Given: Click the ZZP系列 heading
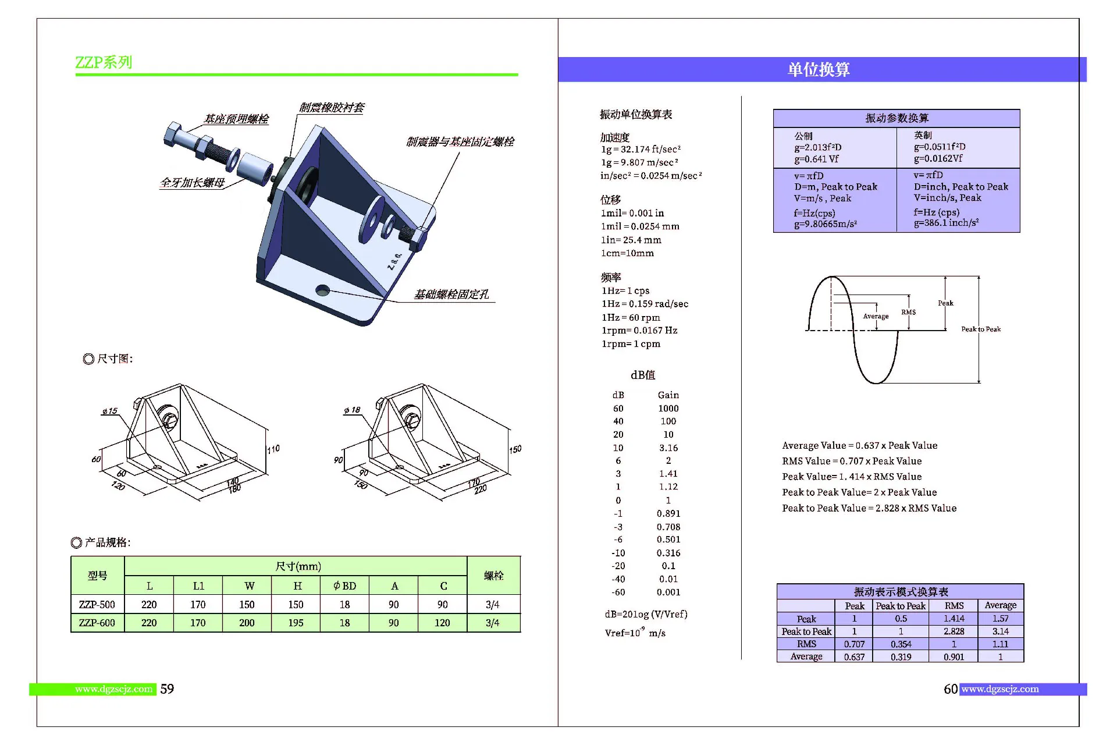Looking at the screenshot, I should coord(104,62).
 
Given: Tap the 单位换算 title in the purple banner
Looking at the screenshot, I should coord(819,70).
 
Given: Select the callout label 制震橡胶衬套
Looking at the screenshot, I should coord(332,108).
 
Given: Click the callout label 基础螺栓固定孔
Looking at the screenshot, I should coord(451,295).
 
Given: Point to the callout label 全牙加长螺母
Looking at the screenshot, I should coord(193,183).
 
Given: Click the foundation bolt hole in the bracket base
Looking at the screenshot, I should coord(322,290).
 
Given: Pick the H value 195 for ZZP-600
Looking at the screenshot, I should coord(296,623).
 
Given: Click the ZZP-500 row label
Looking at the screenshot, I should coord(97,605).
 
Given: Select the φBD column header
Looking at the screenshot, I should coord(344,586).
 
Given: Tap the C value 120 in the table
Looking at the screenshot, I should coord(442,623).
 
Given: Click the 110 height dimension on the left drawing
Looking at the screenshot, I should coord(273,449).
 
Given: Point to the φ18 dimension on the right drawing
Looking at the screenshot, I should coord(352,410).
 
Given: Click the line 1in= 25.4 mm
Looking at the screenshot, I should coord(631,240).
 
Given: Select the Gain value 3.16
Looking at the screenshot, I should coord(668,448).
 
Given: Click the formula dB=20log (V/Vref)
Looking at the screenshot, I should coord(646,614).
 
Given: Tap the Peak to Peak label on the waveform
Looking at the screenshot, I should coord(981,329).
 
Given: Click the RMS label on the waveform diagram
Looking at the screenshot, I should coord(908,313).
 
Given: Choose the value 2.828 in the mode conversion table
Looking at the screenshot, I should coord(954,632).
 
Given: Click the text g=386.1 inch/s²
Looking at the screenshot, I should coord(946,223).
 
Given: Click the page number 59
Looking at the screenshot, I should coord(167,689).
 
